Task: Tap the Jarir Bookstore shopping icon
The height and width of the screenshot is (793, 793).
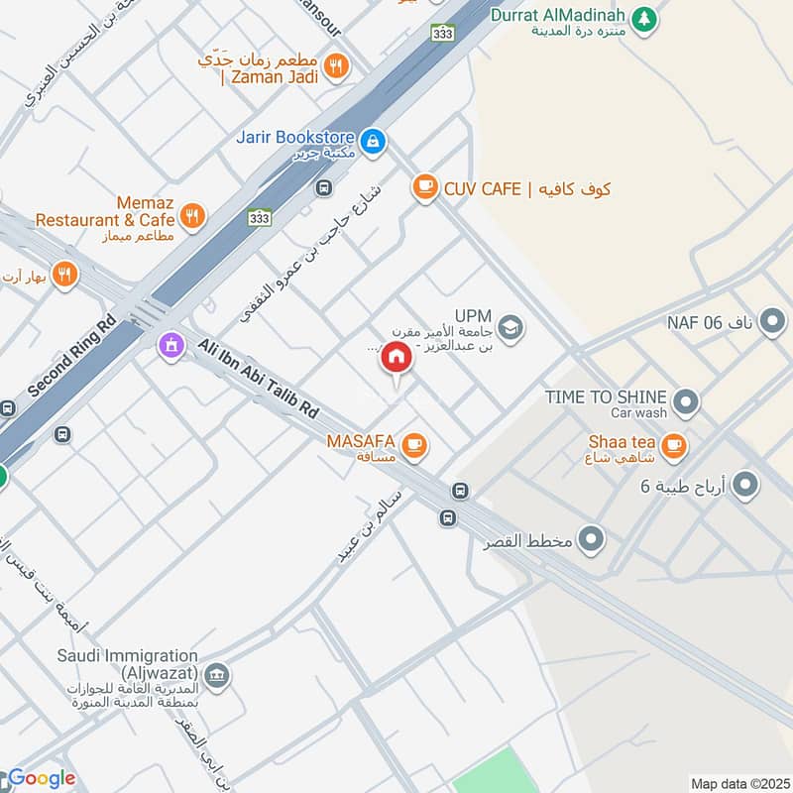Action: click(x=372, y=143)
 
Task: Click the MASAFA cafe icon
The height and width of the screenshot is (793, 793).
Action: click(x=415, y=446)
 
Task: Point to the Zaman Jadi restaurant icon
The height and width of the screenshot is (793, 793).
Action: click(x=337, y=66)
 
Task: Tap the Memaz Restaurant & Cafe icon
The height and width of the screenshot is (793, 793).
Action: click(x=192, y=214)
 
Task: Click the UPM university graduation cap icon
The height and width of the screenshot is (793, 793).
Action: click(x=510, y=327)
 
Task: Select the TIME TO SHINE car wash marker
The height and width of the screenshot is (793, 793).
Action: click(x=685, y=402)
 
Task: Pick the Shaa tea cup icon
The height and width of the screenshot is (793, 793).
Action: click(x=674, y=446)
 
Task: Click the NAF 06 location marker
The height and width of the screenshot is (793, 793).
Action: click(x=773, y=321)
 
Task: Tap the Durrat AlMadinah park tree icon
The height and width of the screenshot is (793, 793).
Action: click(x=645, y=18)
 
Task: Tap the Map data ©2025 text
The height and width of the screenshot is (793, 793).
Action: click(x=738, y=783)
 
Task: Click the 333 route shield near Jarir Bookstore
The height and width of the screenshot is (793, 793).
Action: click(x=442, y=34)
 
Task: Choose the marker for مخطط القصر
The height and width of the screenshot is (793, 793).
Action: click(x=592, y=539)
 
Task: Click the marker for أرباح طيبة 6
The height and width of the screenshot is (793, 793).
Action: click(x=745, y=485)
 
